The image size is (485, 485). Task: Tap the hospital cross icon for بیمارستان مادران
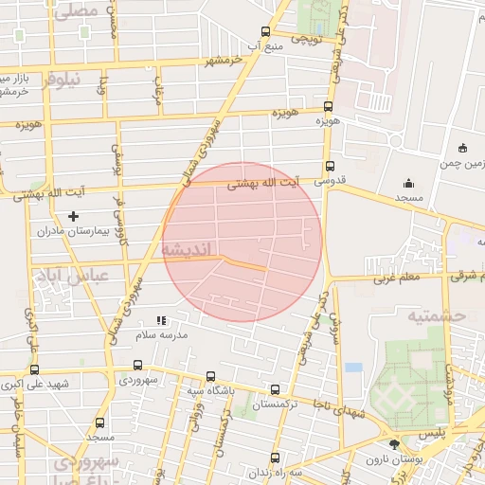coord(73,217)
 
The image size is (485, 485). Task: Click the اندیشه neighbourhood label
coord(189,248)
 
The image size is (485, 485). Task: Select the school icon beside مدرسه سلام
coord(161,321)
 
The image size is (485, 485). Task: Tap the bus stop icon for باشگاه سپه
coord(209,376)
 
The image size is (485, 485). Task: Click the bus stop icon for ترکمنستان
coord(275,389)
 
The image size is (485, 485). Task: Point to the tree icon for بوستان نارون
coord(394,444)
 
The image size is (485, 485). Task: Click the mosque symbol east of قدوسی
coord(408,183)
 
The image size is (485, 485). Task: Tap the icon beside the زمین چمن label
coord(462,147)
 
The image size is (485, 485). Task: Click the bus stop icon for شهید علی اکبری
coord(35,369)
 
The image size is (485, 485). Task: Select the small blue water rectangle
coord(353,367)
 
